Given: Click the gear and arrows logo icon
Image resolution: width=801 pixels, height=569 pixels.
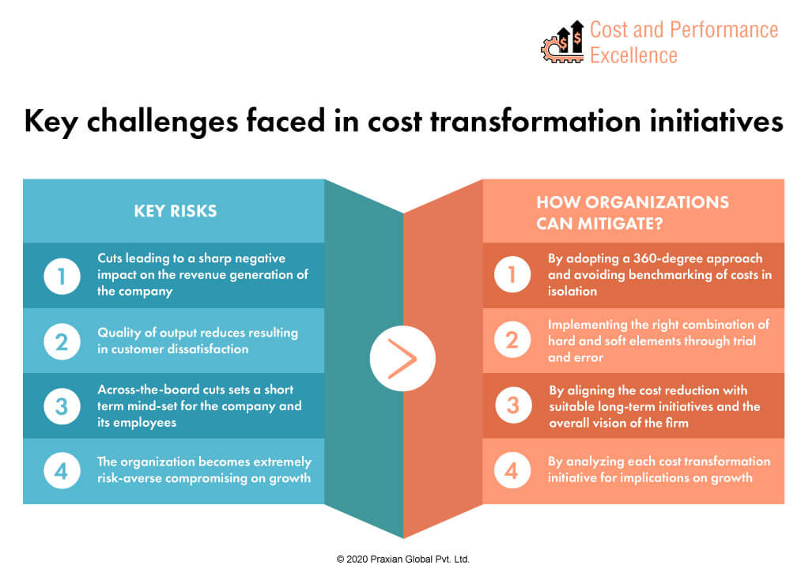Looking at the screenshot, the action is coord(562,42).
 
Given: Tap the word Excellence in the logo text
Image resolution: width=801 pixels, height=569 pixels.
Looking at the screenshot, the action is coord(633,55).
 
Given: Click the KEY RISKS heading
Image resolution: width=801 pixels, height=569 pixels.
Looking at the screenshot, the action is coord(176,211).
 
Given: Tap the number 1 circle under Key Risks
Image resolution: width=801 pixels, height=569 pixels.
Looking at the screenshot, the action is coord(62,277).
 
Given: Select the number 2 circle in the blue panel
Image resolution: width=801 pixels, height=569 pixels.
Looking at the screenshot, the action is coord(62,341).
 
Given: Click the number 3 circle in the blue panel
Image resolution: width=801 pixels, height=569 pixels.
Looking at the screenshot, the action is coord(62,406).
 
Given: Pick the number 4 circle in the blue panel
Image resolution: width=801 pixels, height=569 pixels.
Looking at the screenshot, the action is coord(62,470).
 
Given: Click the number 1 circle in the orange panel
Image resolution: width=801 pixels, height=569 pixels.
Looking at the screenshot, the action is coord(512,275).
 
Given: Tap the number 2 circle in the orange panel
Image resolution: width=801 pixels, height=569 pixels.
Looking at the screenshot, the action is coord(512,340).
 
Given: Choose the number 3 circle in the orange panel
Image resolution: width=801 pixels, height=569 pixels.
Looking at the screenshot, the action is coord(513,405).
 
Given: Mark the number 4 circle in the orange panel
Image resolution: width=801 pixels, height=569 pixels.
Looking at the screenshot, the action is coord(512,470).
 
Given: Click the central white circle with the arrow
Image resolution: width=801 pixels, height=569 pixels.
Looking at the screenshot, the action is coord(402,359).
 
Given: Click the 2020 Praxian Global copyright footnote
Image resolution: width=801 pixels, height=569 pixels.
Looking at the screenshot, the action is coord(402,560).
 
